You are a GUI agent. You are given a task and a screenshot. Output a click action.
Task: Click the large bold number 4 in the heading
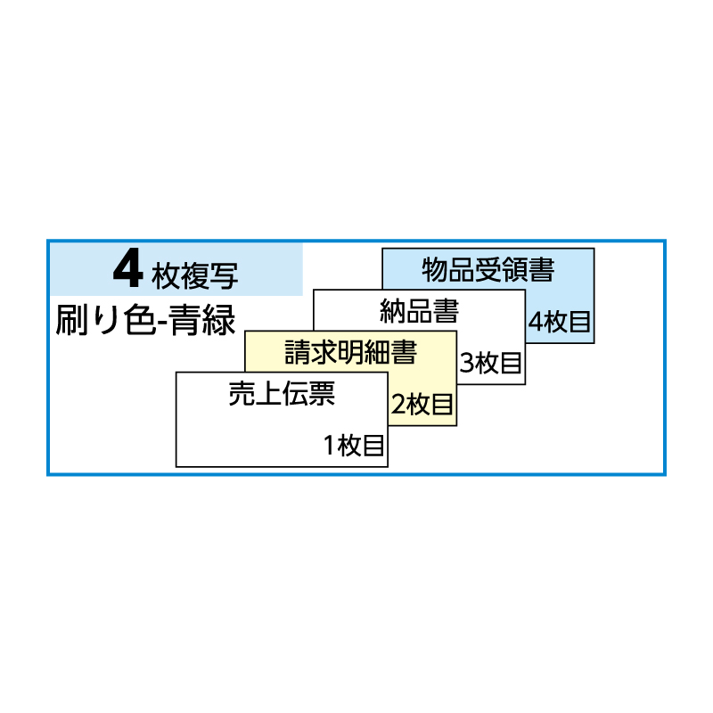pyautogui.click(x=128, y=271)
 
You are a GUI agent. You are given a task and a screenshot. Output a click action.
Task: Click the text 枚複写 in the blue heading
pyautogui.click(x=195, y=274)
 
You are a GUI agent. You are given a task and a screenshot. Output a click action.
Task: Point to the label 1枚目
pyautogui.click(x=354, y=446)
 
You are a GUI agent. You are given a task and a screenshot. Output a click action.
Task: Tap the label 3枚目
pyautogui.click(x=491, y=363)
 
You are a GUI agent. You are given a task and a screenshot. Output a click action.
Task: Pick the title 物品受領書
pyautogui.click(x=488, y=269)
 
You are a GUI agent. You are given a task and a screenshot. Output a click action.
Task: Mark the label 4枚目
pyautogui.click(x=560, y=321)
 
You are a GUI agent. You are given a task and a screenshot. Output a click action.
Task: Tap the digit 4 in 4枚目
pyautogui.click(x=536, y=322)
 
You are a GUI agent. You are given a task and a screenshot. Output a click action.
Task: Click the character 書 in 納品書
pyautogui.click(x=447, y=312)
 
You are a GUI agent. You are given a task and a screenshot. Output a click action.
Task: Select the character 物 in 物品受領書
pyautogui.click(x=434, y=269)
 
